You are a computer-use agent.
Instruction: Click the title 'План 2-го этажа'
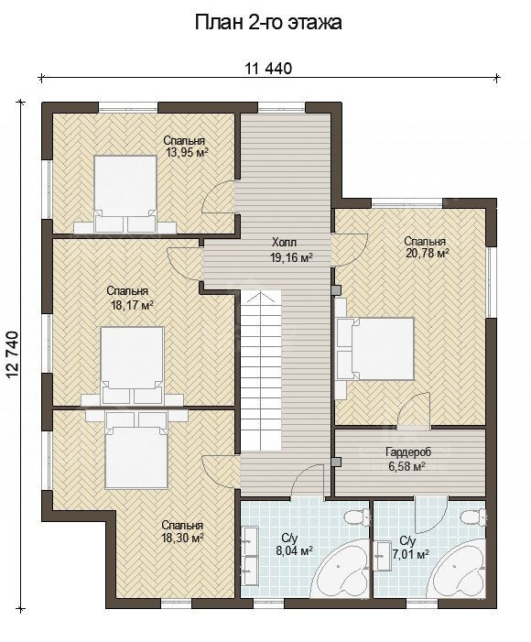(268, 23)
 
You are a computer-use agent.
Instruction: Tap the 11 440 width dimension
(268, 69)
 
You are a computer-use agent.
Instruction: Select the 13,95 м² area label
(184, 147)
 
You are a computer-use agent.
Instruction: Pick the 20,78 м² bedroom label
(427, 247)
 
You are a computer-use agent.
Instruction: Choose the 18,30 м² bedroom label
(182, 531)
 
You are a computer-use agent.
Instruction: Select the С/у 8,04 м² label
(295, 544)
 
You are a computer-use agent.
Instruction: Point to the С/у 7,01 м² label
(409, 549)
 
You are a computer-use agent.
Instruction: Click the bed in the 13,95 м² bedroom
(125, 193)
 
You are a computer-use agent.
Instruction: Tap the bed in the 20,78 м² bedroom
(374, 349)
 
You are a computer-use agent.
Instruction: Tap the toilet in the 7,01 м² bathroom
(472, 516)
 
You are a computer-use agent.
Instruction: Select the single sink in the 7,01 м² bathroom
(382, 556)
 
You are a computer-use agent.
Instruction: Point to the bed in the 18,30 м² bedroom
(135, 450)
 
